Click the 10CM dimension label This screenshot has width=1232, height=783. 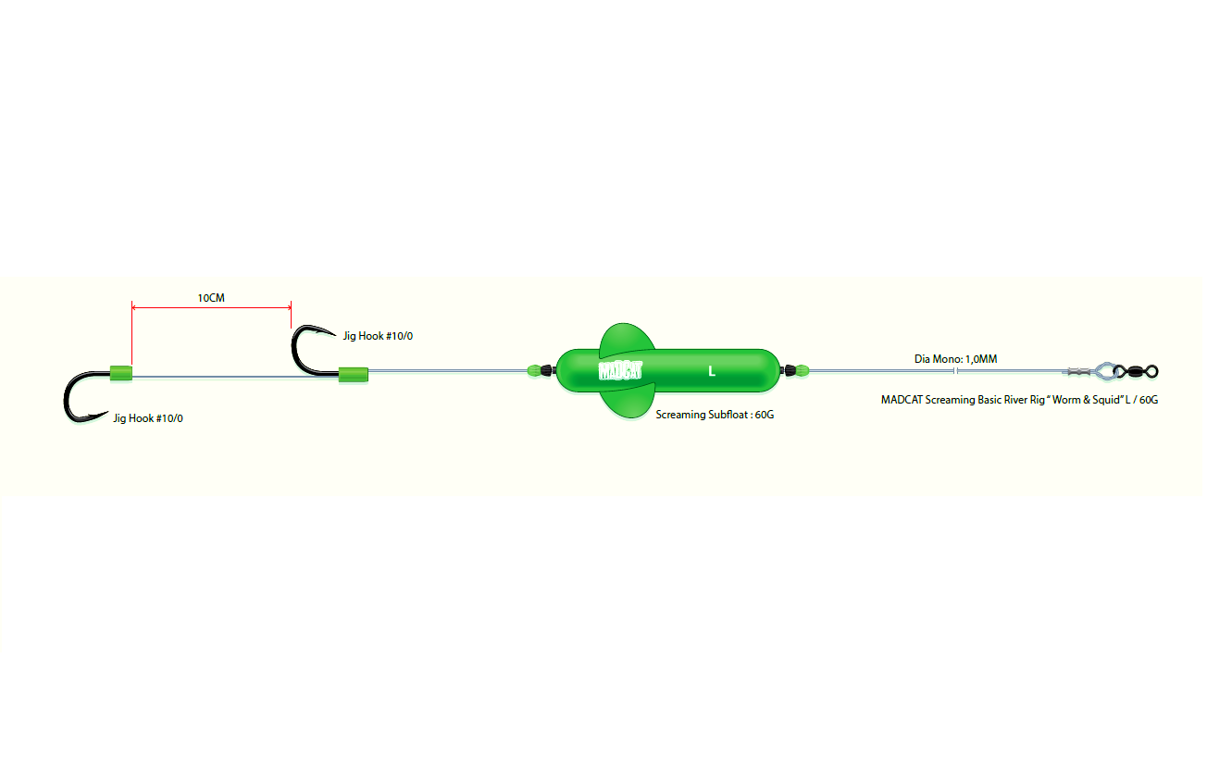point(211,298)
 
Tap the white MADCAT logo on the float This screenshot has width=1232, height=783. point(620,371)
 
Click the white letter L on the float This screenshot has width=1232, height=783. point(712,372)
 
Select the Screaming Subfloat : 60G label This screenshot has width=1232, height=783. point(715,415)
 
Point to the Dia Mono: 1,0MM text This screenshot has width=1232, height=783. point(956,359)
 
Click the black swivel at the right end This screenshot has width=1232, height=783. point(1137,372)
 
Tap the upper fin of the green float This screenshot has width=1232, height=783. point(627,338)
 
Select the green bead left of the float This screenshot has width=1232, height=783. point(534,370)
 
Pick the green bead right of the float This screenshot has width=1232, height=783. point(802,371)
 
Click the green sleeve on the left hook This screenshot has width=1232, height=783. point(121,373)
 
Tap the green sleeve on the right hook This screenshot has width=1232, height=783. point(353,375)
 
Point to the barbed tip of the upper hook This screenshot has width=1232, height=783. point(334,334)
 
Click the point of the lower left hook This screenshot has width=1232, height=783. point(106,413)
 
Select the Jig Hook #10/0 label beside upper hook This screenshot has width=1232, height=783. point(378,336)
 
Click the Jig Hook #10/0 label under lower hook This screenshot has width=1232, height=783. point(148,418)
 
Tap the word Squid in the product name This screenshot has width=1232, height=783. point(1106,400)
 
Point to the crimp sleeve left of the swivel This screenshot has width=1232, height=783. point(1078,372)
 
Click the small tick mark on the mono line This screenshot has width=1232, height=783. point(956,371)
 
